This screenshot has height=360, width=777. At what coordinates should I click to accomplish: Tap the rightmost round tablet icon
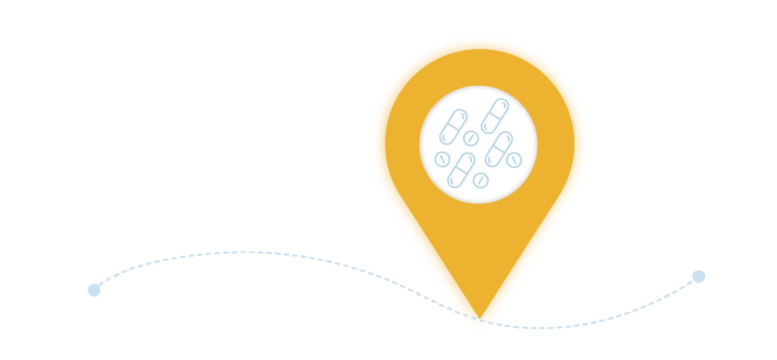pos(514,160)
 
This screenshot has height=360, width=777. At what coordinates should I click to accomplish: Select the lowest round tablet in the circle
pos(481,180)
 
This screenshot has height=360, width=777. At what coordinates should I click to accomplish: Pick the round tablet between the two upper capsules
pos(471,138)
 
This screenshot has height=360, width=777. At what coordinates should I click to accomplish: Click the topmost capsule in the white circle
pos(495,116)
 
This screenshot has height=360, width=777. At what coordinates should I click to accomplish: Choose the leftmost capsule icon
pos(453,127)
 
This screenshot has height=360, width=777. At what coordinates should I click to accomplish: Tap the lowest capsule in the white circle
pos(461,170)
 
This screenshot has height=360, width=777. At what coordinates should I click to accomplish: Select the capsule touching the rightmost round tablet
pos(498,149)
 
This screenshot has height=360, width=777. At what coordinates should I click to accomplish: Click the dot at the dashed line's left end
pos(94,290)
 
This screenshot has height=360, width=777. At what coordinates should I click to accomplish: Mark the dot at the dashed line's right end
pos(699,277)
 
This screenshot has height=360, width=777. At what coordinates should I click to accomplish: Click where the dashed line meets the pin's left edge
pos(455,310)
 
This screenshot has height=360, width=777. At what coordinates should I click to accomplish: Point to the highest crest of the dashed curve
pos(248,252)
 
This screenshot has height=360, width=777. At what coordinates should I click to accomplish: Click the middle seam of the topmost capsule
pos(495,116)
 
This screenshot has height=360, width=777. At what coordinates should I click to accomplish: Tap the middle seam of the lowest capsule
pos(461,170)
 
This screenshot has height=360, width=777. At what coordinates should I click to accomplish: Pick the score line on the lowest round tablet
pos(481,180)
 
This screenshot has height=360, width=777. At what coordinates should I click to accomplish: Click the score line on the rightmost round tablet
pos(514,160)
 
